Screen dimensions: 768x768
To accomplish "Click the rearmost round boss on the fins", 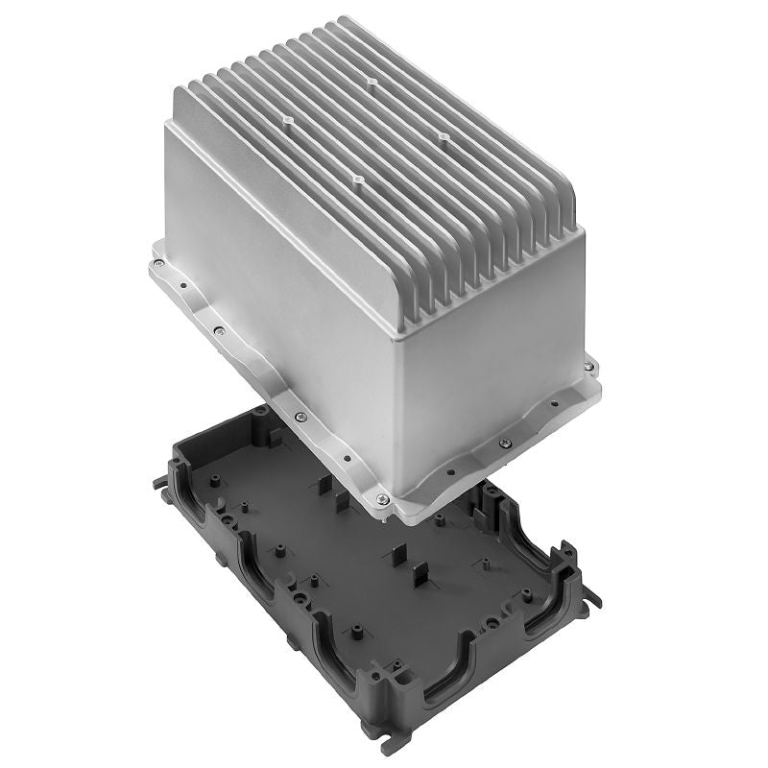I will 372,83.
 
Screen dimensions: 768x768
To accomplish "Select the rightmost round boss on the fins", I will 444,136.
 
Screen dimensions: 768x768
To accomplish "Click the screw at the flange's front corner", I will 383,498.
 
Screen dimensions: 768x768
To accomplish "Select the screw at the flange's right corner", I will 587,366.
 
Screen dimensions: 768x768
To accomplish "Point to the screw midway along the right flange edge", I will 506,443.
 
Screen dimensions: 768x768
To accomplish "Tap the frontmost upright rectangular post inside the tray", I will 420,582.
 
